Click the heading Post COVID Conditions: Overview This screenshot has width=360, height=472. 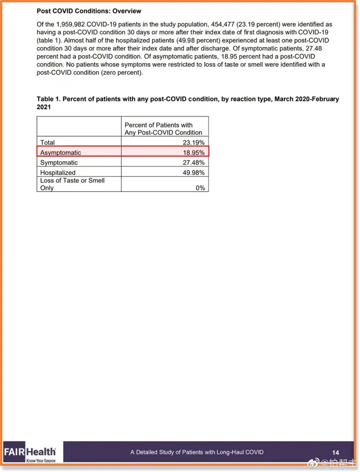pyautogui.click(x=89, y=11)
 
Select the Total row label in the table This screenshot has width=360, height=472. pyautogui.click(x=48, y=143)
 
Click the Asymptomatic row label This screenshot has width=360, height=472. pyautogui.click(x=60, y=152)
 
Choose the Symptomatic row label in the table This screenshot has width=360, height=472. pyautogui.click(x=59, y=163)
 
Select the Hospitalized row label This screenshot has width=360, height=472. pyautogui.click(x=57, y=173)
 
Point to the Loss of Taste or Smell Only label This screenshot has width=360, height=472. pyautogui.click(x=72, y=184)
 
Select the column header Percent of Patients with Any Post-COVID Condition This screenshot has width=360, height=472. pyautogui.click(x=163, y=129)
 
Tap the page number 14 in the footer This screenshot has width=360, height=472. pyautogui.click(x=335, y=452)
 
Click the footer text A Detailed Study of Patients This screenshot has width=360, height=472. pyautogui.click(x=196, y=452)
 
